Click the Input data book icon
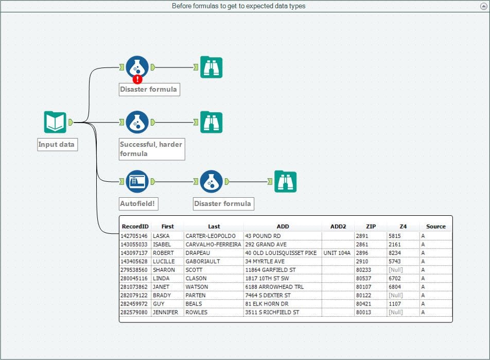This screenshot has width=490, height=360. point(55,122)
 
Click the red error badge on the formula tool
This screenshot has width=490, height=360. point(137,79)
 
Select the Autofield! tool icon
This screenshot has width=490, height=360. point(137,181)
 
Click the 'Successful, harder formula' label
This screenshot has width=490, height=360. point(151,149)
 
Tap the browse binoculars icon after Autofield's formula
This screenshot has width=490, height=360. point(285,181)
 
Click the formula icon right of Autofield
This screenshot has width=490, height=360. point(211,181)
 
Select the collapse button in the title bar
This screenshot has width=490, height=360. point(483,6)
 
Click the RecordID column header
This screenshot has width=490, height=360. point(135,226)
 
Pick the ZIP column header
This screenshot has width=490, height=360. point(371,226)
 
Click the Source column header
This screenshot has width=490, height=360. point(435,226)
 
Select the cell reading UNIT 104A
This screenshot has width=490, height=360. point(337,253)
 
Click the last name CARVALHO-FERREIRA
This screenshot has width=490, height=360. point(213,244)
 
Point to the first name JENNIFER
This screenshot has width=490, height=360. point(166,312)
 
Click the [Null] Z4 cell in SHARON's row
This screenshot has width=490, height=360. point(396,270)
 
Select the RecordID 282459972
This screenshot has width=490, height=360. point(135,304)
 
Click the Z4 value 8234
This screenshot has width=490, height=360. point(395,253)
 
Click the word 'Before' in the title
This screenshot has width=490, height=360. point(183,6)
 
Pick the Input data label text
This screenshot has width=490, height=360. point(57,145)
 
